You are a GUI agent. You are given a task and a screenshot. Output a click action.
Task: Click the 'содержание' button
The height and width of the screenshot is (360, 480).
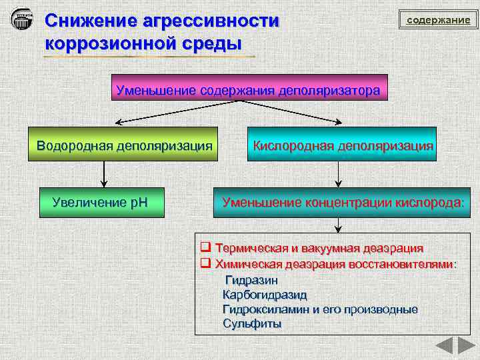(x=439, y=20)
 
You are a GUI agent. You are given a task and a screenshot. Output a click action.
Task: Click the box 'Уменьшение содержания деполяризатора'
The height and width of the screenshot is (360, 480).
(x=248, y=89)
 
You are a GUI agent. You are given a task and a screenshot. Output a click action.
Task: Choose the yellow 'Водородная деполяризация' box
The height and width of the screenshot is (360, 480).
(x=124, y=145)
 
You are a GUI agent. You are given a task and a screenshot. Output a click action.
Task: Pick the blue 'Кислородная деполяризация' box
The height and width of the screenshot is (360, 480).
(x=342, y=145)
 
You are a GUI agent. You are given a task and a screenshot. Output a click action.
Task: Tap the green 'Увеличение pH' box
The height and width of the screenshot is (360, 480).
(x=101, y=201)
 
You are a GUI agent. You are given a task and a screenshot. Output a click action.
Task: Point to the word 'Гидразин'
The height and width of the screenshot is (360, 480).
(x=251, y=281)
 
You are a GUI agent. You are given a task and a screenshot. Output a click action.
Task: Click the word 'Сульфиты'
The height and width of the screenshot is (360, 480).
(x=251, y=324)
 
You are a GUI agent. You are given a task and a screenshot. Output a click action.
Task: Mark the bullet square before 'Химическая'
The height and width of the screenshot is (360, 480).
(x=206, y=263)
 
